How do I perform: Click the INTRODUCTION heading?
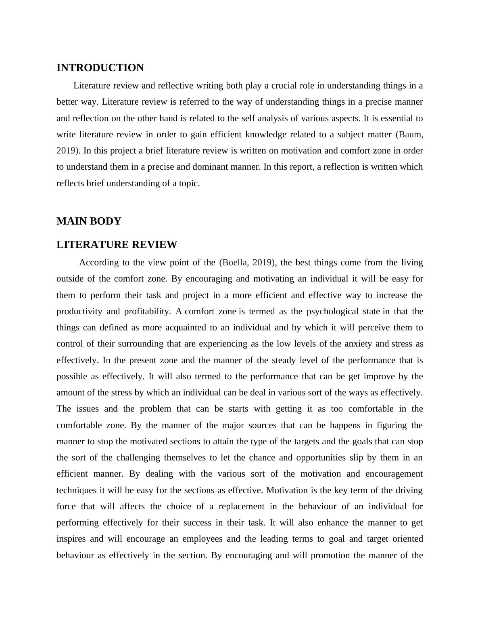click(x=100, y=68)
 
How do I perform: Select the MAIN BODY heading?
click(x=89, y=221)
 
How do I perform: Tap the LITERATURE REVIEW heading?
click(x=117, y=245)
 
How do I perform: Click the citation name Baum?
click(x=411, y=134)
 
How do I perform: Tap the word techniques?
click(x=77, y=490)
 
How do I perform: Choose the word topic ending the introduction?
click(x=189, y=183)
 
